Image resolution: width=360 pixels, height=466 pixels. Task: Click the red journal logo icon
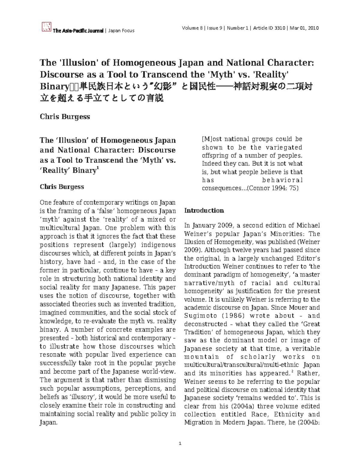tap(46, 27)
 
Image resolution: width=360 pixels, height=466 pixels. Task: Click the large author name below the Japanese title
tap(65, 116)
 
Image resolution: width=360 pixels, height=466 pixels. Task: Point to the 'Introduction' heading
tap(204, 210)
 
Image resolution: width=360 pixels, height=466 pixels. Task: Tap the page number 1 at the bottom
tap(180, 443)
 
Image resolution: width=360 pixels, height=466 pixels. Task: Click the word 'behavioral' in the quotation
tap(282, 180)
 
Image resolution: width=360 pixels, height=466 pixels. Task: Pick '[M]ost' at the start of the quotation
tap(211, 139)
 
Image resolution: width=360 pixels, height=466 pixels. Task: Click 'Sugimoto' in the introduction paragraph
tap(199, 316)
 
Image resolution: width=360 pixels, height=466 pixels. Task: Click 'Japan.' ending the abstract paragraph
tap(48, 422)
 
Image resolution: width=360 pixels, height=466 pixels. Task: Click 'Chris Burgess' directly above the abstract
tap(62, 187)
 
